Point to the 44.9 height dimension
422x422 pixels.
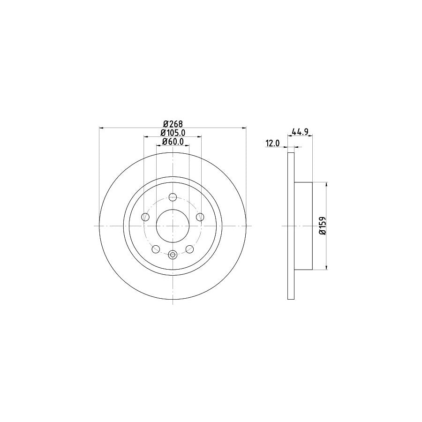pos(300,132)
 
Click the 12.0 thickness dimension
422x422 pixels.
pos(272,144)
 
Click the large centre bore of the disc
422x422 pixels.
pos(173,226)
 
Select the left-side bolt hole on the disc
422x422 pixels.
pos(145,217)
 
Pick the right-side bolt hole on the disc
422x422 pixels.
pos(200,217)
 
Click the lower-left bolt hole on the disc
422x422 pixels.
pos(156,249)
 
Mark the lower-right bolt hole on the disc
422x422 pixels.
pos(189,249)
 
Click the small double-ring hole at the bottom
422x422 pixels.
pos(173,255)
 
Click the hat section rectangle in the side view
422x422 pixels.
pos(303,226)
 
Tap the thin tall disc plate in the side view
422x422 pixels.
pos(291,226)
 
